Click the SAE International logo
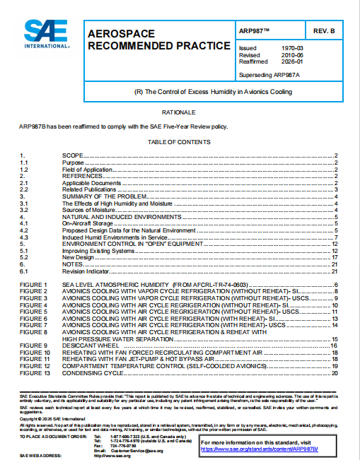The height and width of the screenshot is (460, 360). [47, 34]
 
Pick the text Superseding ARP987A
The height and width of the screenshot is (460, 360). [269, 74]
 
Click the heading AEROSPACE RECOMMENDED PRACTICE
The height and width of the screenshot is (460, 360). [158, 40]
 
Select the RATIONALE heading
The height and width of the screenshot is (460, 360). [179, 112]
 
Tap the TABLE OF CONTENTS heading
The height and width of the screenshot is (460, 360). [179, 141]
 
